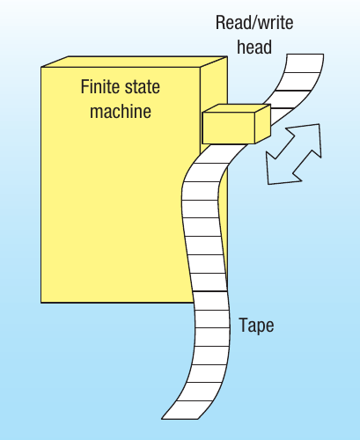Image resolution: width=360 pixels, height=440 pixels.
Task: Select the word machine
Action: point(121,111)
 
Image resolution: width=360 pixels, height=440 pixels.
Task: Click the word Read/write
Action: point(254,23)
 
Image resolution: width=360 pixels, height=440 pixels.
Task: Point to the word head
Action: point(254,47)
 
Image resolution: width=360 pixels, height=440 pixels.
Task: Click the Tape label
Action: point(256,326)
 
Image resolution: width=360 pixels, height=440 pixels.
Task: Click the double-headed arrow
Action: point(294,154)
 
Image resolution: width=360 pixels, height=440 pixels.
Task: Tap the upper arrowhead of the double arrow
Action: point(308,138)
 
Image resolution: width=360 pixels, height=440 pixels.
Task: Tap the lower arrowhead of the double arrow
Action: point(280,170)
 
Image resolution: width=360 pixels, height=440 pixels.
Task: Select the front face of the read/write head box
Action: point(229,128)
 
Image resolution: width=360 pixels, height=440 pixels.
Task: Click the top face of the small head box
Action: point(237,108)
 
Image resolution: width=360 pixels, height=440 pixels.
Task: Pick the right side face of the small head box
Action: point(263,124)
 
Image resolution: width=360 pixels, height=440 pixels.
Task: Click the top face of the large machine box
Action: point(135,62)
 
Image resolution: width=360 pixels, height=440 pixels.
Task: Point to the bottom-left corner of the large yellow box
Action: point(41,303)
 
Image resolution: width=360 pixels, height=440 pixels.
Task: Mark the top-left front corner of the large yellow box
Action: point(41,67)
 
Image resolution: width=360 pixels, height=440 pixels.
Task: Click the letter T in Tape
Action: point(244,325)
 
